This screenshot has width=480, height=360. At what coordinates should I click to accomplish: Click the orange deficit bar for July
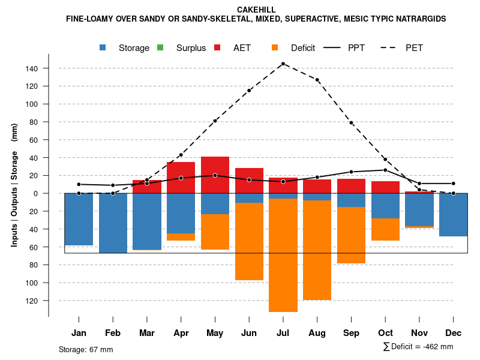(x=283, y=255)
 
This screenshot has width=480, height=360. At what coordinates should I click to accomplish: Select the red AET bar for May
(x=215, y=175)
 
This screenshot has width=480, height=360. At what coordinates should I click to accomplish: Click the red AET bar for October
(x=385, y=187)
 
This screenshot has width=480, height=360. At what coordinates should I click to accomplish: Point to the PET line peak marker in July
(x=283, y=64)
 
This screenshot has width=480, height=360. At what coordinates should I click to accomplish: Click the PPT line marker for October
(x=385, y=170)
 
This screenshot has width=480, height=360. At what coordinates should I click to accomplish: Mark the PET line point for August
(x=317, y=80)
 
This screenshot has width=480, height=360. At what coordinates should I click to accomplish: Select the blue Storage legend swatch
(x=104, y=47)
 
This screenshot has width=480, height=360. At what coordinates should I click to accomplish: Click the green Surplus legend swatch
(x=160, y=47)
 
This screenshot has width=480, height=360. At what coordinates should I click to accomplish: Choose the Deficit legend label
(x=303, y=48)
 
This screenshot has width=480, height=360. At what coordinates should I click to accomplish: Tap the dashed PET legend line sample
(x=388, y=47)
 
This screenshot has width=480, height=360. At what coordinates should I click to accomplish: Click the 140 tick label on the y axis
(x=32, y=68)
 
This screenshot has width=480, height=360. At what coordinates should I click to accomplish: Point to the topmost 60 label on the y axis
(x=34, y=140)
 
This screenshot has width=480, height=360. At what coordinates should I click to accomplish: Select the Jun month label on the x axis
(x=249, y=332)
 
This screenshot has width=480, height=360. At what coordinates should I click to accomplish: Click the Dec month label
(x=453, y=332)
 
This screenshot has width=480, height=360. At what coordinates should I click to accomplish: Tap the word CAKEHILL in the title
(x=256, y=10)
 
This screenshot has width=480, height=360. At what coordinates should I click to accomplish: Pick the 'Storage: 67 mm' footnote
(x=86, y=349)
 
